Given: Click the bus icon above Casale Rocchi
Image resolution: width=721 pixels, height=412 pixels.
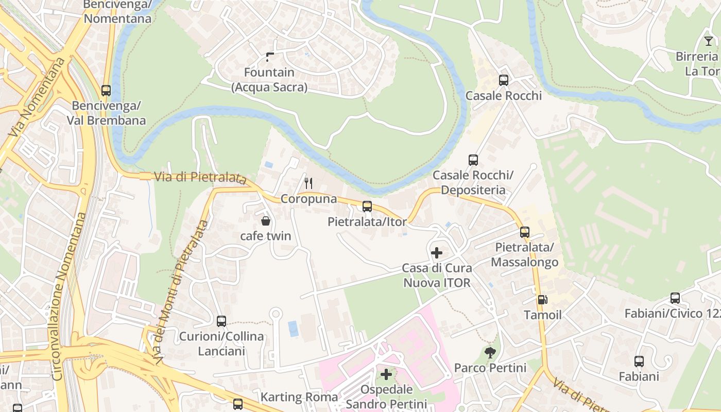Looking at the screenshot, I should coord(503,80).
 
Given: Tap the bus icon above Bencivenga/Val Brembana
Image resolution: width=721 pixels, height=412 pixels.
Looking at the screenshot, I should coord(106,91).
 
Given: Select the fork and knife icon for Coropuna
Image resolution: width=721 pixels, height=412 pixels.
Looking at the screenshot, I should coord(308,183).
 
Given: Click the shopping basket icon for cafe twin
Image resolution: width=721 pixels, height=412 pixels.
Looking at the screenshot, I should coord(266,221).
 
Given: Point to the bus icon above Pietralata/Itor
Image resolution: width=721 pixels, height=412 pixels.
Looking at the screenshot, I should coord(367,207).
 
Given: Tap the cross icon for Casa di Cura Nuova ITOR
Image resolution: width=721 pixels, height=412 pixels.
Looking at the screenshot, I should coord(436,253).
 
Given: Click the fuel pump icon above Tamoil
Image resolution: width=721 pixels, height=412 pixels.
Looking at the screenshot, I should coord(542,300).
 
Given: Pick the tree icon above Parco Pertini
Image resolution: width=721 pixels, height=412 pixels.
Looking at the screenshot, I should coord(490,353).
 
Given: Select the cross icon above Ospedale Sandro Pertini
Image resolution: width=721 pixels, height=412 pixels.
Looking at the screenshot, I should coord(386,374).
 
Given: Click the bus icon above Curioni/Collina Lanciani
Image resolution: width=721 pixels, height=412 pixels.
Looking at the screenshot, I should coord(221,321).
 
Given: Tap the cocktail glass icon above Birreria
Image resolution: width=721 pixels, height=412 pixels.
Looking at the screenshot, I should coord(709,41).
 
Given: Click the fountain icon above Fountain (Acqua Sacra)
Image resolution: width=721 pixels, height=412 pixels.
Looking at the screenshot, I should coord(269,57).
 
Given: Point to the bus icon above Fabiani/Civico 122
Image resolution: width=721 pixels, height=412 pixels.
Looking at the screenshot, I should coord(675,298).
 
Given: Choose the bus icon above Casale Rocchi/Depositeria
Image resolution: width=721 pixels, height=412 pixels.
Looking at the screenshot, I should coord(473,160).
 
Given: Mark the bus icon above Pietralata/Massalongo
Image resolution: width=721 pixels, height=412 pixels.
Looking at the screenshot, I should coord(524,232).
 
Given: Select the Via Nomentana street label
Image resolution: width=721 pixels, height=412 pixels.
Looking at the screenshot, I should coord(37,97).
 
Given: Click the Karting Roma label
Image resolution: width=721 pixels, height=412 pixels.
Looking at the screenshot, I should coord(299,397).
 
